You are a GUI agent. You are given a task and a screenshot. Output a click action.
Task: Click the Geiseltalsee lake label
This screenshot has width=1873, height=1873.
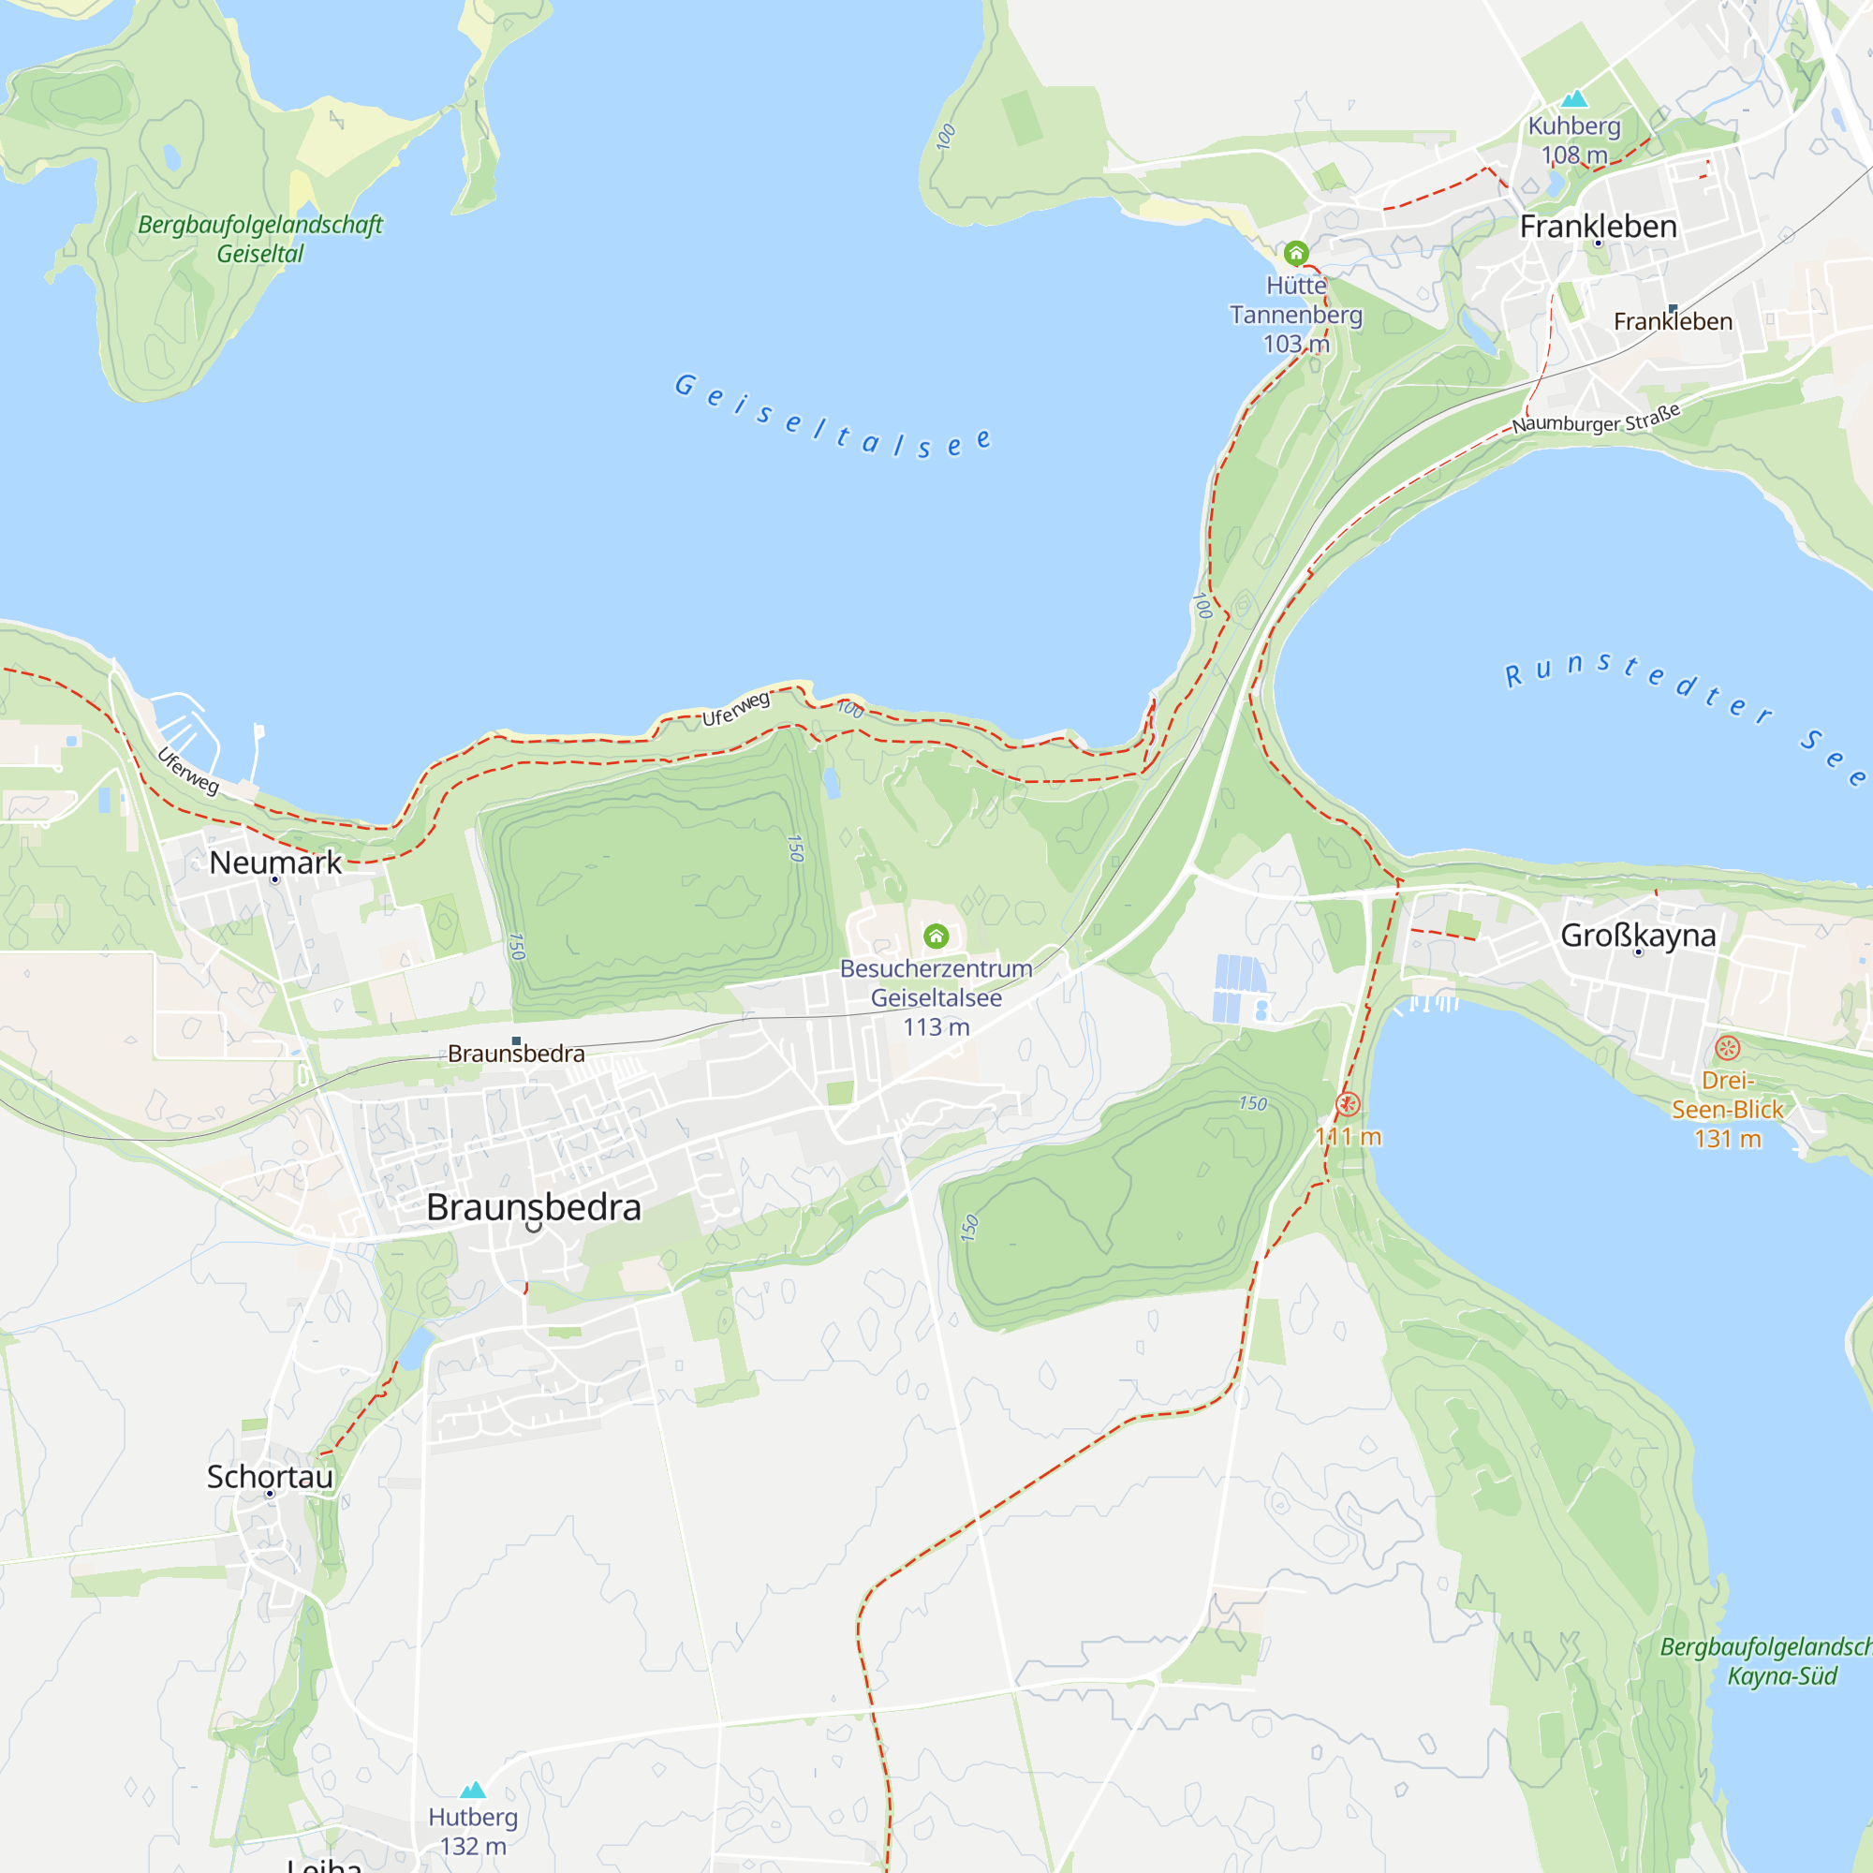tap(832, 416)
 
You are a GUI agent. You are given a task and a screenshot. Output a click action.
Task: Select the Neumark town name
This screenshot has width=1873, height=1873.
tap(275, 862)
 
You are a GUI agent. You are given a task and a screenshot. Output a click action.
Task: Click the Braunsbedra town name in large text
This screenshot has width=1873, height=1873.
tap(533, 1207)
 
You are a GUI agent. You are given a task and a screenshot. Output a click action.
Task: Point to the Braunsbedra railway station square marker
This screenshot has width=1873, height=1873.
tap(516, 1041)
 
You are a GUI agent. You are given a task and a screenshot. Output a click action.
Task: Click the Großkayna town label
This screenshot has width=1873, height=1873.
tap(1637, 935)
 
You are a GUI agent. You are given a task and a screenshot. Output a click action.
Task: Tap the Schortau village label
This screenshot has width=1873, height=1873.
tap(270, 1476)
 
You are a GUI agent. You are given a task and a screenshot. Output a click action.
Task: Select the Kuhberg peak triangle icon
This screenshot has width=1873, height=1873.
tap(1574, 98)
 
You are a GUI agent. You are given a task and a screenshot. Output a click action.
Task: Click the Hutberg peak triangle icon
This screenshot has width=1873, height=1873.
tap(472, 1790)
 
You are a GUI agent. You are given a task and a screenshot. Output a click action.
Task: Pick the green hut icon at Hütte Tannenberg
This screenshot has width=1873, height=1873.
tap(1296, 254)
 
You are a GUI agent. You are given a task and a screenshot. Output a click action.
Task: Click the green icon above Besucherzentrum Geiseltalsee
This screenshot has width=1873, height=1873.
tap(936, 936)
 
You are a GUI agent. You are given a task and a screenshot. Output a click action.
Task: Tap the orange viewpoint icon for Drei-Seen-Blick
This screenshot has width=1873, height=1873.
tap(1728, 1048)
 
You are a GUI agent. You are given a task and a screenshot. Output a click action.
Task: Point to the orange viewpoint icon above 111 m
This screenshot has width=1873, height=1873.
tap(1348, 1103)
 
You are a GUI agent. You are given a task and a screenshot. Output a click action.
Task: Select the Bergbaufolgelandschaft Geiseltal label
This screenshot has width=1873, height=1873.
tap(259, 239)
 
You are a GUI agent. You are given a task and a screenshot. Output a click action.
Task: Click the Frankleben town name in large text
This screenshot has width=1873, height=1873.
tap(1598, 226)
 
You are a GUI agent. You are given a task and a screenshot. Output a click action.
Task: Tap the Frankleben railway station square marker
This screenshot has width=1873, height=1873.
tap(1673, 308)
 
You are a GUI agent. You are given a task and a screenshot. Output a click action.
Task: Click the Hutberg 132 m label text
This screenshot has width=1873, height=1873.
tap(473, 1830)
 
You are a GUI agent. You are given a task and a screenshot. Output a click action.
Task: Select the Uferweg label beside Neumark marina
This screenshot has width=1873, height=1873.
tap(188, 770)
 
